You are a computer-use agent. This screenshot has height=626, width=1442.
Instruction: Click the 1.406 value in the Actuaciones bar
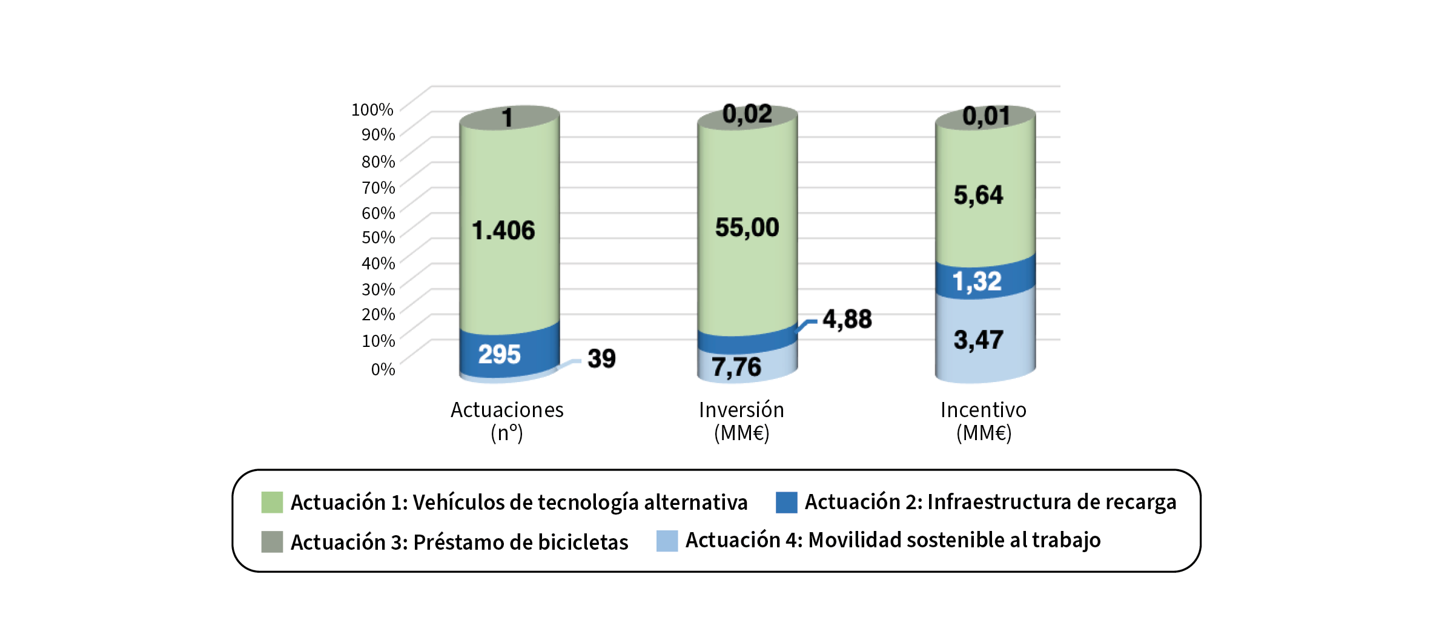tap(503, 231)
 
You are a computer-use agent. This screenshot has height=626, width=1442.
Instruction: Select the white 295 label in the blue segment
tap(499, 355)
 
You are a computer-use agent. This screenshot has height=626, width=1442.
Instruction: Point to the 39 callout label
tap(601, 358)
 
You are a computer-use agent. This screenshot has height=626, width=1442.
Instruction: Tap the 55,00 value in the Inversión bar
tap(747, 228)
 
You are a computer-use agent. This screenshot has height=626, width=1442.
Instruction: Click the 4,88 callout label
tap(847, 319)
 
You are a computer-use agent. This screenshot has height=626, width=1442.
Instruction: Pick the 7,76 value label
tap(736, 367)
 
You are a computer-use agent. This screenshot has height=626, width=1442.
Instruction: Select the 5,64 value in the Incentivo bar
tap(978, 195)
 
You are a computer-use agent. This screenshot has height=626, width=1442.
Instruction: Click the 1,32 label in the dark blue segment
tap(977, 282)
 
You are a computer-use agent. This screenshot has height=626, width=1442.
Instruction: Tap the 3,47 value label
tap(978, 340)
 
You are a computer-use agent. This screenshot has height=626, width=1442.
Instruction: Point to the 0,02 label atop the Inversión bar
tap(747, 114)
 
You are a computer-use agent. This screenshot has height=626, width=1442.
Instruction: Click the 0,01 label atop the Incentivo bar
tap(986, 116)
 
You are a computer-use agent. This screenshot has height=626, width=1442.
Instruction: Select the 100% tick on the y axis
tap(372, 110)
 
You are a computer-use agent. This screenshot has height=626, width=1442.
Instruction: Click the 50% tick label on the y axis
tap(378, 237)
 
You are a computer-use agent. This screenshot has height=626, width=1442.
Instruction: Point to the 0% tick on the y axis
tap(383, 369)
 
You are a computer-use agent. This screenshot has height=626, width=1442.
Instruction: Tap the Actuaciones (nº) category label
tap(507, 421)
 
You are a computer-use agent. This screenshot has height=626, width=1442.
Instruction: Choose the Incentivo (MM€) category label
tap(984, 421)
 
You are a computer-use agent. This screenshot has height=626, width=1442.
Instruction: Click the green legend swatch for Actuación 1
tap(272, 502)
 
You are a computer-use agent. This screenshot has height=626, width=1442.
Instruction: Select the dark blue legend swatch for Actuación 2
tap(786, 502)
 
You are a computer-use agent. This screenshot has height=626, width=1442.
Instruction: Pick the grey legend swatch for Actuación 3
tap(272, 541)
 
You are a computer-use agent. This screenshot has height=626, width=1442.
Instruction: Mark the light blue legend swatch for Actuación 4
tap(667, 541)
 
